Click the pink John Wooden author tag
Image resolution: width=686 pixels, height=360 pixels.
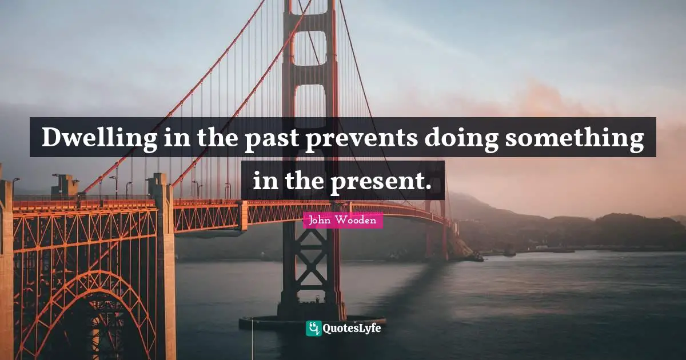pyautogui.click(x=343, y=220)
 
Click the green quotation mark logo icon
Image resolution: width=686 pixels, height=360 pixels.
pyautogui.click(x=314, y=328)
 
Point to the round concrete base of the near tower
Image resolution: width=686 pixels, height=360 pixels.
pyautogui.click(x=312, y=321)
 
